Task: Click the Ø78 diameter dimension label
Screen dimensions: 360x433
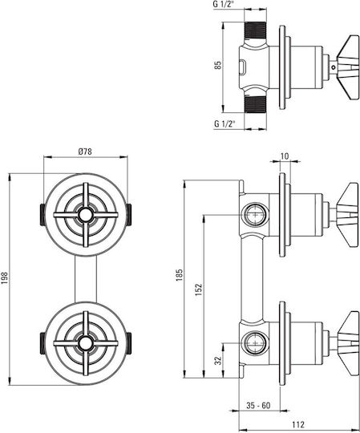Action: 85,152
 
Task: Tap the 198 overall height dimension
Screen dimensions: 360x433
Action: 5,278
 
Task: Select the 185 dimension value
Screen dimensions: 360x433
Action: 180,275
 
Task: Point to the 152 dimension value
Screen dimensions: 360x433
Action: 199,289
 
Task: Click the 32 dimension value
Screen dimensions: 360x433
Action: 218,360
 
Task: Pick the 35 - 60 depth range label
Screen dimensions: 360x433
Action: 258,406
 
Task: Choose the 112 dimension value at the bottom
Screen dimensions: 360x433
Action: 298,424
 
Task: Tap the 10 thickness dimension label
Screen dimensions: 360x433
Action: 285,156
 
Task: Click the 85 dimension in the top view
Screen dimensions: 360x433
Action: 218,65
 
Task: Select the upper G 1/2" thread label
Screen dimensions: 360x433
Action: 224,6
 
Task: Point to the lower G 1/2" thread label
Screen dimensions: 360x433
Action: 224,124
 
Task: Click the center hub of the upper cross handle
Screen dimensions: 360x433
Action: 86,215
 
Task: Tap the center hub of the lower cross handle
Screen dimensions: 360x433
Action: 86,343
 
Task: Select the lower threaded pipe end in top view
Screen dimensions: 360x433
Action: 256,104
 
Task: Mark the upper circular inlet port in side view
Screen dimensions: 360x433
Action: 256,215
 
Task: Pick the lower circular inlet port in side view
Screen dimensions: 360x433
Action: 256,343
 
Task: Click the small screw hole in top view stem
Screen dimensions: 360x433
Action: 334,67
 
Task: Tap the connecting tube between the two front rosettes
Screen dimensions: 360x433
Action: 86,278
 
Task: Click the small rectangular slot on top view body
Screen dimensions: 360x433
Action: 243,67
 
